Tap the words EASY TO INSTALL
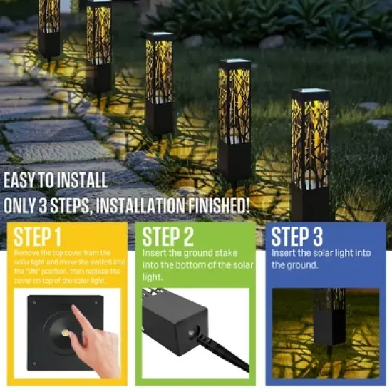click(56, 181)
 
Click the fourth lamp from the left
click(234, 118)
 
